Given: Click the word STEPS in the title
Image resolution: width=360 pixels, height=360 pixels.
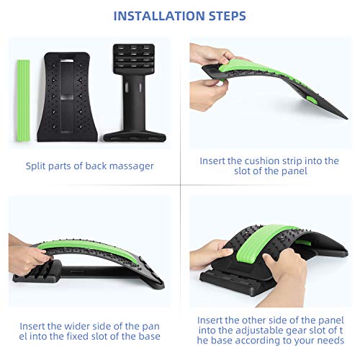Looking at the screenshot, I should (x=222, y=15).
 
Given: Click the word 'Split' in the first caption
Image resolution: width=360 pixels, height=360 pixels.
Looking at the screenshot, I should (x=37, y=166).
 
